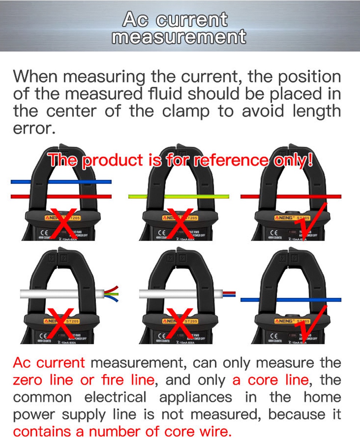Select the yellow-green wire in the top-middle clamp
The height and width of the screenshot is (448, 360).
tap(178, 196)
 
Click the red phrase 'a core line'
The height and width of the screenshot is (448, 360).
tap(270, 380)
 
